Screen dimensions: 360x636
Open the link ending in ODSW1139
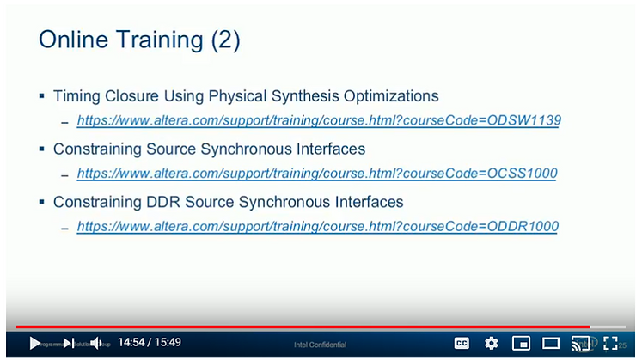click(x=318, y=120)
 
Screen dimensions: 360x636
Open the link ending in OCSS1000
click(x=316, y=174)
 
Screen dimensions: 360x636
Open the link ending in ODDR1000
click(x=317, y=227)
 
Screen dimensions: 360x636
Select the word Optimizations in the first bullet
click(x=388, y=96)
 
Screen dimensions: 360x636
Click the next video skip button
click(x=69, y=343)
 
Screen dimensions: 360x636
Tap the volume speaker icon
click(x=96, y=343)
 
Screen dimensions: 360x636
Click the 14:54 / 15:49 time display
click(x=150, y=343)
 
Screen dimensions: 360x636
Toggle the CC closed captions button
click(x=462, y=343)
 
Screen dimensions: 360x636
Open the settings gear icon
click(x=492, y=343)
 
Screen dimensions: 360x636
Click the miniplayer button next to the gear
click(x=521, y=343)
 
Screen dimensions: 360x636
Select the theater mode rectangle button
click(x=551, y=343)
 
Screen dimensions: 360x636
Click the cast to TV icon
click(x=581, y=343)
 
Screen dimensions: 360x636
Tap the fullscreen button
click(x=611, y=343)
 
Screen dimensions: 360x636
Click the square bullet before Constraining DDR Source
click(x=42, y=203)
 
